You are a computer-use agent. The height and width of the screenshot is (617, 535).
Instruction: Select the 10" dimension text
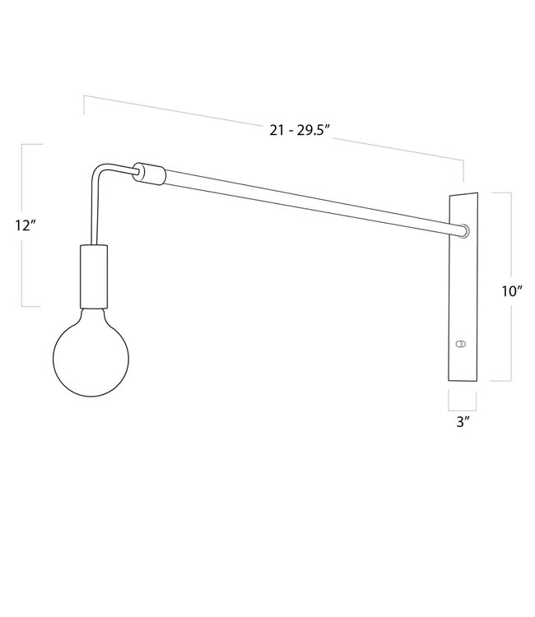[x=512, y=290]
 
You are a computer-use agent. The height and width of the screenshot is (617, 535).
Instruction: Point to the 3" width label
[x=463, y=421]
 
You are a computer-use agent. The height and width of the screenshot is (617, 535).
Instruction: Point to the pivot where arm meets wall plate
[x=466, y=230]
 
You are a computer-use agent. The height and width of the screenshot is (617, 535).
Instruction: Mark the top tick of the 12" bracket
[x=31, y=144]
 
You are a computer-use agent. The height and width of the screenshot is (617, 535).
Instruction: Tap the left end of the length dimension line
[x=83, y=99]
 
